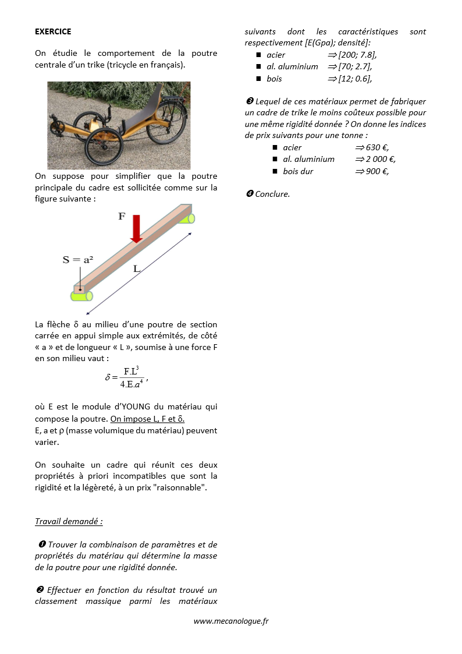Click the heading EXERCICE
pyautogui.click(x=53, y=31)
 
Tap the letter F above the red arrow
pyautogui.click(x=122, y=217)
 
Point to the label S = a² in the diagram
pyautogui.click(x=78, y=260)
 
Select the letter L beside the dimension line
pyautogui.click(x=137, y=269)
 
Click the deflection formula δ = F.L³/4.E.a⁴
pyautogui.click(x=127, y=377)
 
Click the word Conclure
pyautogui.click(x=272, y=194)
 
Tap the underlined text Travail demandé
pyautogui.click(x=69, y=521)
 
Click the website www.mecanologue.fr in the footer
pyautogui.click(x=231, y=621)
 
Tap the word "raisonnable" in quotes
pyautogui.click(x=179, y=487)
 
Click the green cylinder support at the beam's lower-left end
pyautogui.click(x=81, y=296)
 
